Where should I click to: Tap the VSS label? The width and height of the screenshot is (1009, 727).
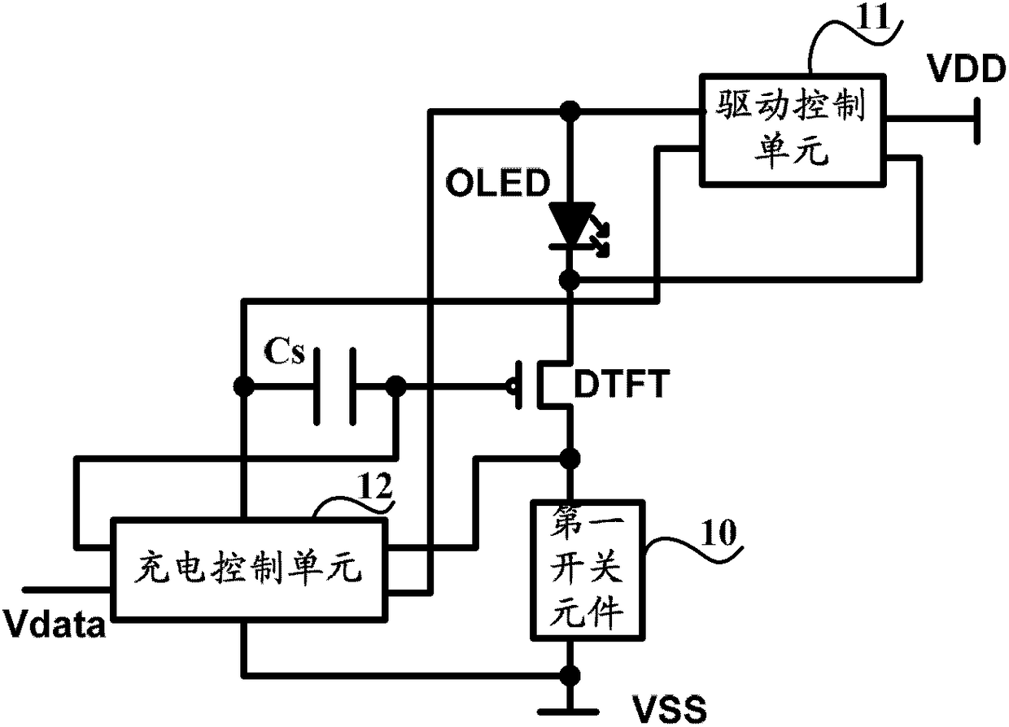pos(670,709)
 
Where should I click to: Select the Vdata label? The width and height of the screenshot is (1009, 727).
pos(54,624)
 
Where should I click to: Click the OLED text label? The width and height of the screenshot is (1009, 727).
pos(497,182)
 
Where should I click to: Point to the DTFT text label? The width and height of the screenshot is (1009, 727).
pos(622,384)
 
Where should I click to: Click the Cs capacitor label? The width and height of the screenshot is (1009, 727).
pos(285,351)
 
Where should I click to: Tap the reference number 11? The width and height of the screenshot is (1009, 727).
pos(873,17)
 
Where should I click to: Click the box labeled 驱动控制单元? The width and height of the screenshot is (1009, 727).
pos(793,131)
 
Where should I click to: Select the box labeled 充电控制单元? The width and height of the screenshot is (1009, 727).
pos(249,570)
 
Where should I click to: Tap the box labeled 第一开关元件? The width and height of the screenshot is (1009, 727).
pos(587,570)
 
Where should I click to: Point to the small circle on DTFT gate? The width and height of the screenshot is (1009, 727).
pos(511,385)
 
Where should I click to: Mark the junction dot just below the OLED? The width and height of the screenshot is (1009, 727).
pos(570,281)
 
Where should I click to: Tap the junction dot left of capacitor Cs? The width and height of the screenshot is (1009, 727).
pos(243,385)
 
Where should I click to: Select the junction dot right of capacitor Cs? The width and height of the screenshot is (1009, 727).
pos(396,385)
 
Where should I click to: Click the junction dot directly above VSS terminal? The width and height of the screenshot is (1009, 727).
pos(570,675)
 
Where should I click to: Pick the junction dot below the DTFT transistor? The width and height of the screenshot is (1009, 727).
pos(570,459)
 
